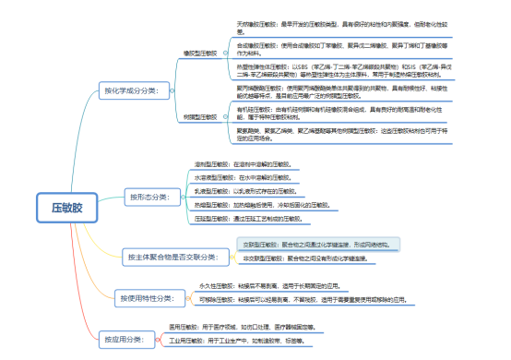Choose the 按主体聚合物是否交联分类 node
[x=172, y=256]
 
